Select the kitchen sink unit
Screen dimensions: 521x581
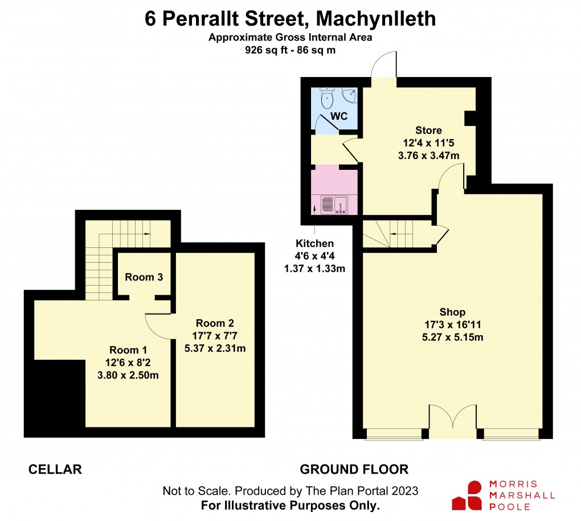tap(334, 203)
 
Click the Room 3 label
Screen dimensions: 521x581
tap(144, 278)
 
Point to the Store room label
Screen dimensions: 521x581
tap(428, 131)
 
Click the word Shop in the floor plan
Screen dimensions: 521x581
tap(452, 312)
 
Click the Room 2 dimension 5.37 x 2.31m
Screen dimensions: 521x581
tap(215, 348)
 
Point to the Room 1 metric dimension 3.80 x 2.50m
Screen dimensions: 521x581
tap(128, 375)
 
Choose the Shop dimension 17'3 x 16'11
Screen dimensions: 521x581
tap(453, 324)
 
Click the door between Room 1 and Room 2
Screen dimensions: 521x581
tap(159, 326)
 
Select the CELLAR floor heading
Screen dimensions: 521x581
tap(55, 470)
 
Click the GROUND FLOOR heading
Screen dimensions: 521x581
tap(354, 470)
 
